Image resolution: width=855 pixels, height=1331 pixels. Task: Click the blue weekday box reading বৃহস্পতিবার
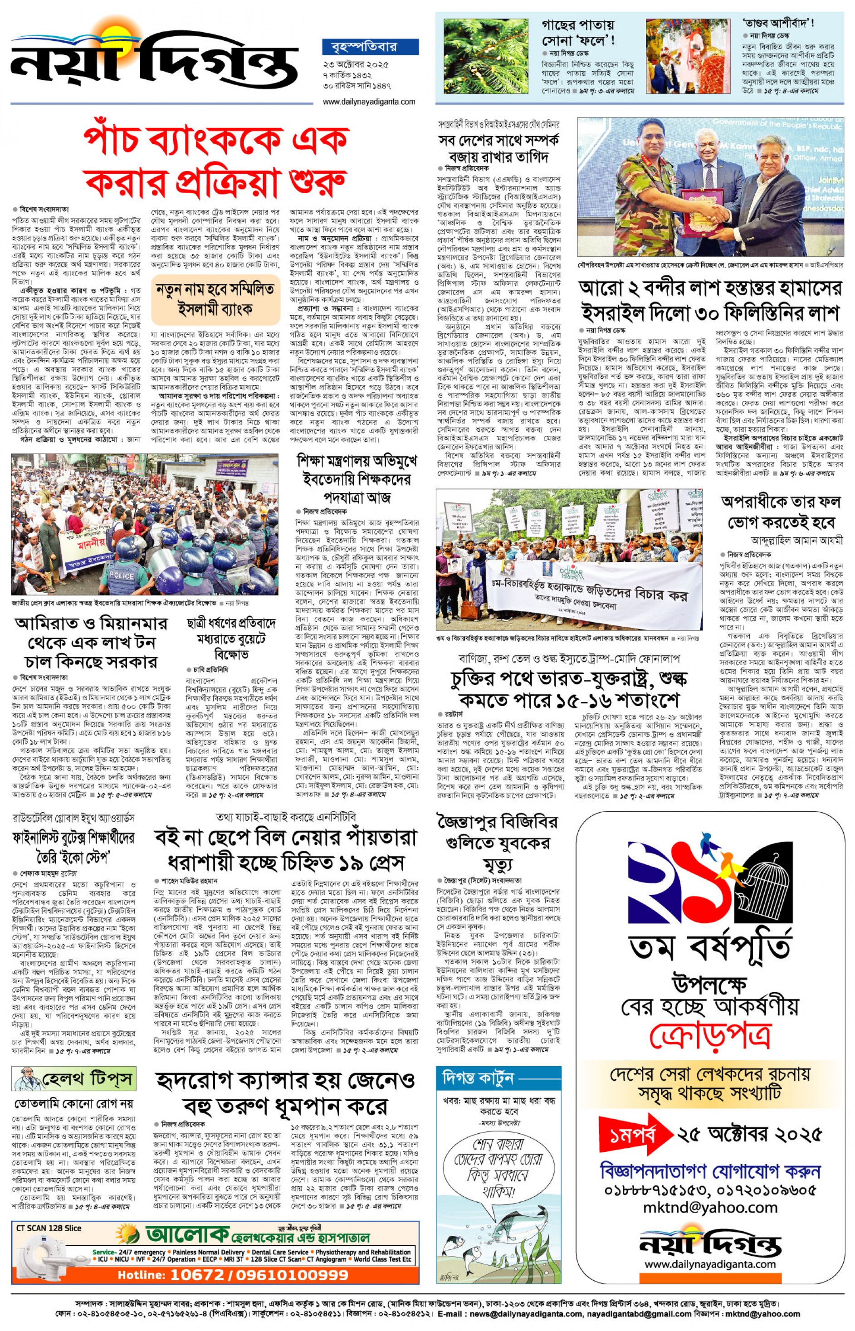(x=370, y=47)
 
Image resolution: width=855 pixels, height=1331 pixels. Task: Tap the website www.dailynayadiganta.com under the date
(x=369, y=102)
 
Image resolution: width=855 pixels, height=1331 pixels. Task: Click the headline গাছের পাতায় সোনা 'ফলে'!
(x=578, y=33)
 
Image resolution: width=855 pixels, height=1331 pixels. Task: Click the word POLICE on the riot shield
(x=121, y=575)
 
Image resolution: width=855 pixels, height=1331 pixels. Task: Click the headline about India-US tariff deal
(x=570, y=689)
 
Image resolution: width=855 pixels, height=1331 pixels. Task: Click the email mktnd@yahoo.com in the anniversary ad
(x=710, y=1208)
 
